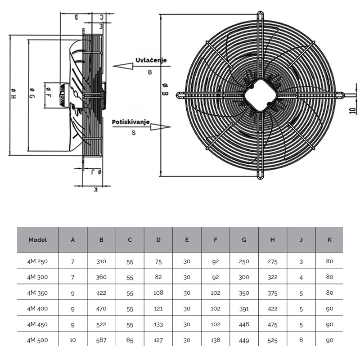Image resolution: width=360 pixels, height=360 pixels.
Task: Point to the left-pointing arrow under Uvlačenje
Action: [x=124, y=66]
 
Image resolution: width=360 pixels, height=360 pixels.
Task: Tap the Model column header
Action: [x=37, y=240]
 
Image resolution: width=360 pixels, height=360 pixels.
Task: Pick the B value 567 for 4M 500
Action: [x=101, y=341]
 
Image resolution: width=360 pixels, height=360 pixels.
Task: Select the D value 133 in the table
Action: [x=158, y=324]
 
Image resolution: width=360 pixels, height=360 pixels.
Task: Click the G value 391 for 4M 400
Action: [x=244, y=308]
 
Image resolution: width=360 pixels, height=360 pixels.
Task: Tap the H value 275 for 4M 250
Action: [x=272, y=261]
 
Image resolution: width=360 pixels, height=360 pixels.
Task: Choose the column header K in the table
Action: [x=329, y=240]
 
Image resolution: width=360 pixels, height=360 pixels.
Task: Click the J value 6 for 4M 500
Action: [x=301, y=341]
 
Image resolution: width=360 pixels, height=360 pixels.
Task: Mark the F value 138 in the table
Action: [x=216, y=341]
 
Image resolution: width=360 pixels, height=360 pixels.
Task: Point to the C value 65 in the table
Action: [x=130, y=341]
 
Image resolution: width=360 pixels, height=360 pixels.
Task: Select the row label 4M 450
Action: [x=37, y=324]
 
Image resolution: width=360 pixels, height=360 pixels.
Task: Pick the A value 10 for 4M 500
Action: [x=73, y=341]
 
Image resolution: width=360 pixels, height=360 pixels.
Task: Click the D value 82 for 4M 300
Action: [x=158, y=277]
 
